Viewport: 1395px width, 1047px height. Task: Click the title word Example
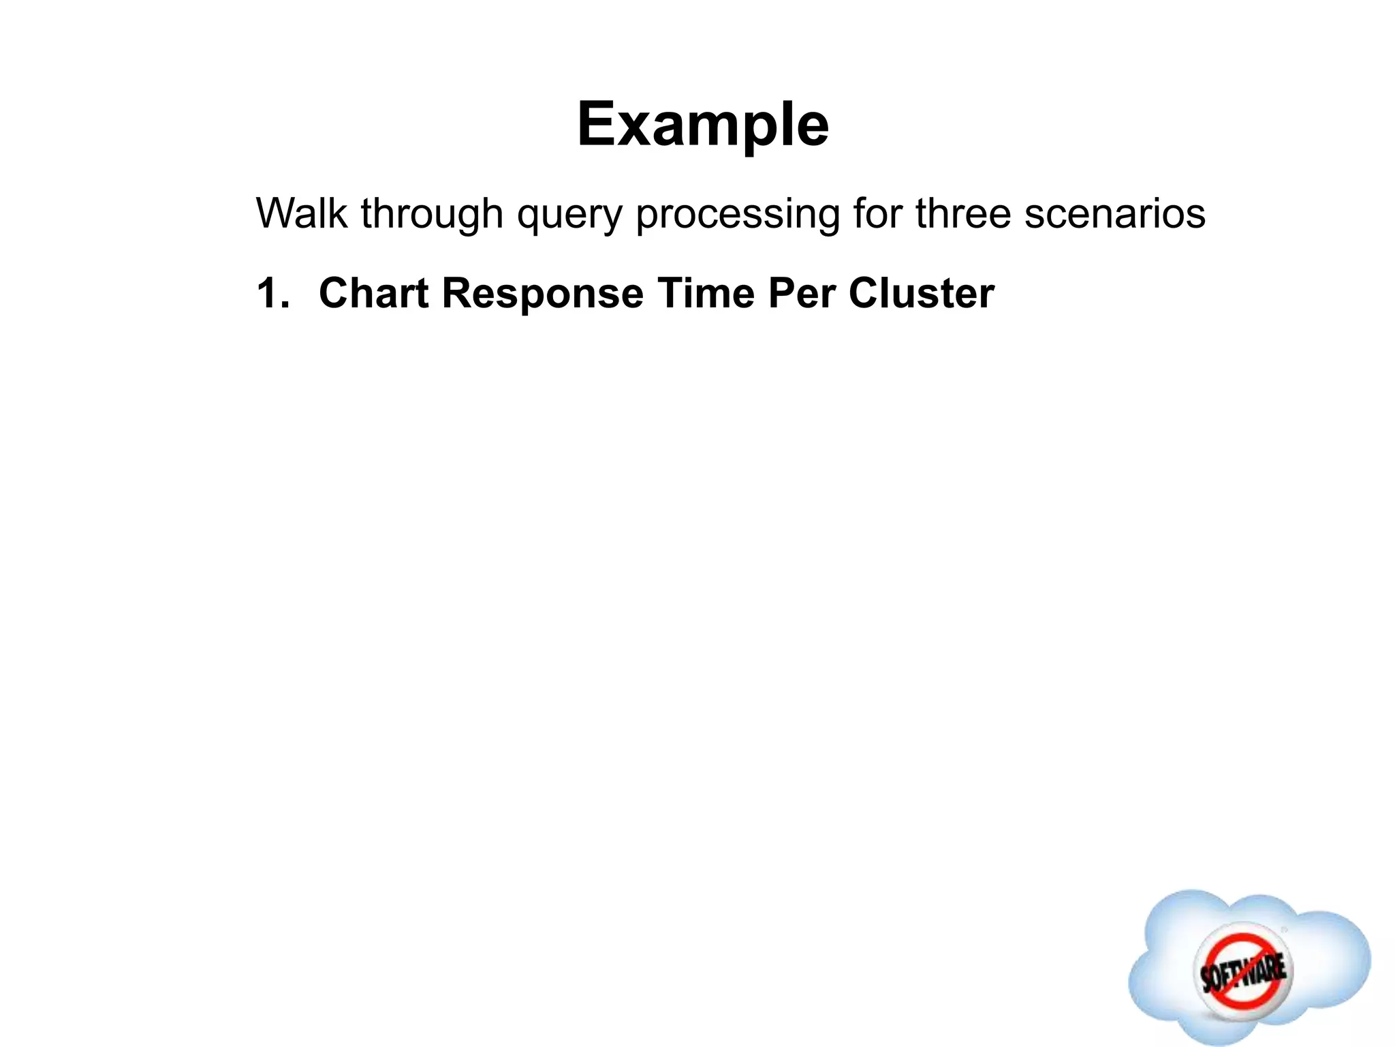(x=702, y=124)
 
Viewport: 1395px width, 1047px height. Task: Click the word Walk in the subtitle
(x=301, y=213)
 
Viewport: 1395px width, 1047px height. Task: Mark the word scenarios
(x=1115, y=213)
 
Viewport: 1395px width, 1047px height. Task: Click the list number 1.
(x=271, y=294)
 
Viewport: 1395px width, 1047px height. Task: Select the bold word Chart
(x=373, y=294)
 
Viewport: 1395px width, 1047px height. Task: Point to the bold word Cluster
(x=921, y=294)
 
